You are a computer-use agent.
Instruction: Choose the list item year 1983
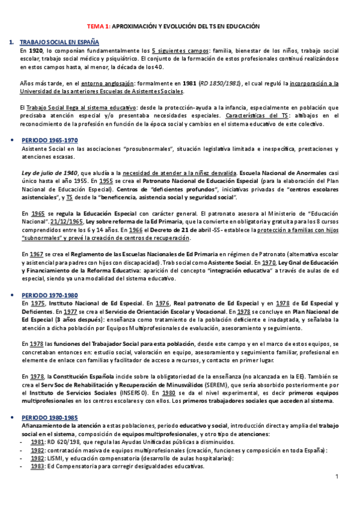(x=37, y=465)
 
